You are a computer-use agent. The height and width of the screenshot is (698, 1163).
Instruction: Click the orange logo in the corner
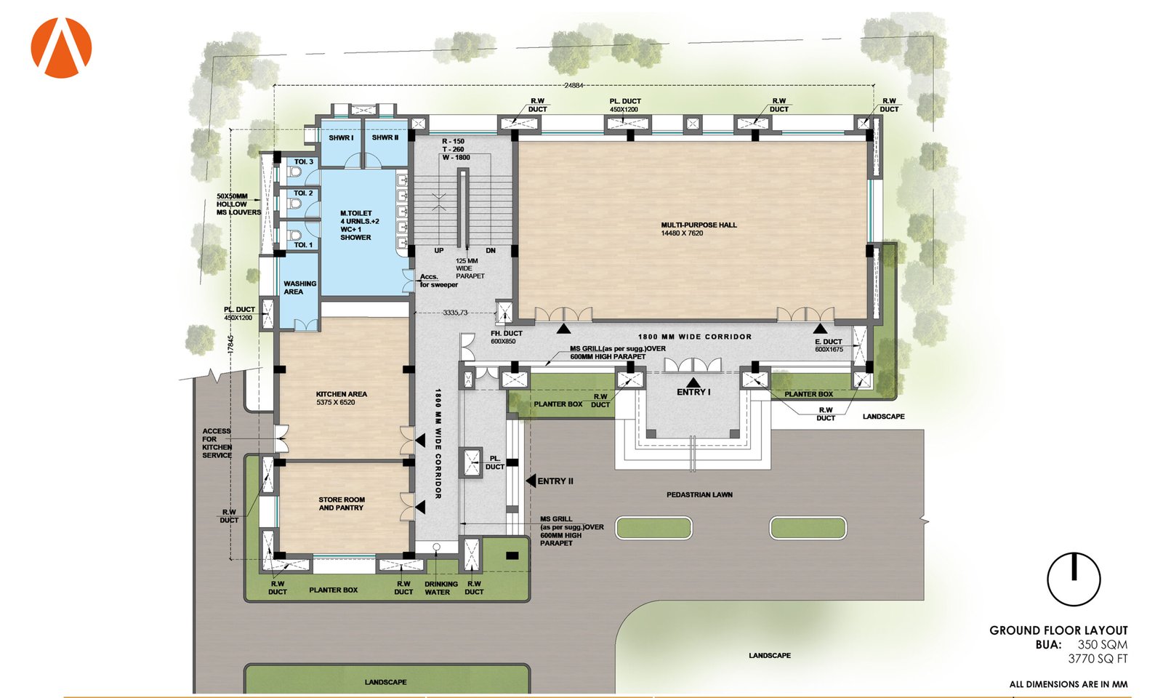click(x=61, y=48)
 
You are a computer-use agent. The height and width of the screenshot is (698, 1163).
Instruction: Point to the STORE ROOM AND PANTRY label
click(x=342, y=504)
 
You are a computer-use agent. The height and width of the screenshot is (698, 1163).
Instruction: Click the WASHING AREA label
click(x=299, y=288)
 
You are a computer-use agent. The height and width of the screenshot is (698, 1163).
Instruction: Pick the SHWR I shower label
click(x=341, y=137)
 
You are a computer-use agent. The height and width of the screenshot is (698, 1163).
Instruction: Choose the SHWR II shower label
click(x=385, y=137)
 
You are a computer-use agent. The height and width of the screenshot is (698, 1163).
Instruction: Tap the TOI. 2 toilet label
click(x=303, y=193)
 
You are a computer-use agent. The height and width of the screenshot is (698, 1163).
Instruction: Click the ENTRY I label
click(x=693, y=392)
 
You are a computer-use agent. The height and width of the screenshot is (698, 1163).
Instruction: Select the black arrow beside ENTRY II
click(x=530, y=481)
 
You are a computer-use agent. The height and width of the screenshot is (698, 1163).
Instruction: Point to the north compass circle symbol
click(x=1074, y=579)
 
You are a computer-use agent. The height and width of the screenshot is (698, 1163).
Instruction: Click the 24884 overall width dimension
click(x=574, y=86)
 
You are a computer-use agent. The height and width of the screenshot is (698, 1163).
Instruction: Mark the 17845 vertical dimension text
click(x=231, y=345)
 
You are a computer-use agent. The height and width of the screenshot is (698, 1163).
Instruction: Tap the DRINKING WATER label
click(x=440, y=588)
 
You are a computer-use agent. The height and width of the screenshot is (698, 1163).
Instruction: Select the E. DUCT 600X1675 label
click(x=829, y=345)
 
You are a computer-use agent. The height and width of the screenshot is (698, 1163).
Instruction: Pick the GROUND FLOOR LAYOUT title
click(x=1058, y=630)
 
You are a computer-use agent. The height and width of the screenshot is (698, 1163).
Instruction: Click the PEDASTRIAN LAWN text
click(x=699, y=495)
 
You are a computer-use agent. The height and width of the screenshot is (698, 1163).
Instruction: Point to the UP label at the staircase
click(x=439, y=250)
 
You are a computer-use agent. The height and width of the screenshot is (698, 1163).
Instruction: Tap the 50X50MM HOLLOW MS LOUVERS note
click(x=239, y=204)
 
